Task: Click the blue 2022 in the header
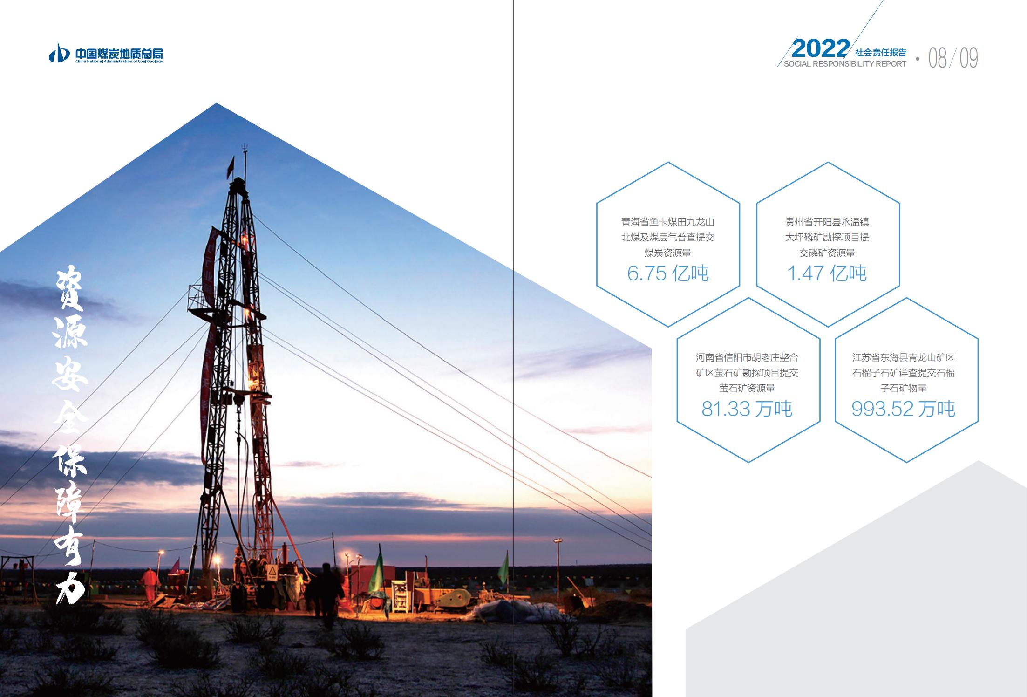(x=820, y=48)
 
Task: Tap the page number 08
(x=938, y=58)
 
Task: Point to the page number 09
(x=969, y=58)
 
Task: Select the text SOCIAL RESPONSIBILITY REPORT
(x=845, y=64)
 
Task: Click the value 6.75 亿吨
(x=668, y=273)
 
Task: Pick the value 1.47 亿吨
(x=827, y=273)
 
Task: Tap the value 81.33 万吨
(x=747, y=409)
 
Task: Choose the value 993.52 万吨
(x=904, y=409)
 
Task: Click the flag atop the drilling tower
(x=231, y=165)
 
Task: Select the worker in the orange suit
(x=149, y=584)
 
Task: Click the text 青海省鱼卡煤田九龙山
(x=668, y=222)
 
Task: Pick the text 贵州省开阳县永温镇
(x=827, y=222)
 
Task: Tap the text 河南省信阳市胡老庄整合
(x=747, y=358)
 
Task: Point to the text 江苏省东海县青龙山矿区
(x=904, y=358)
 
